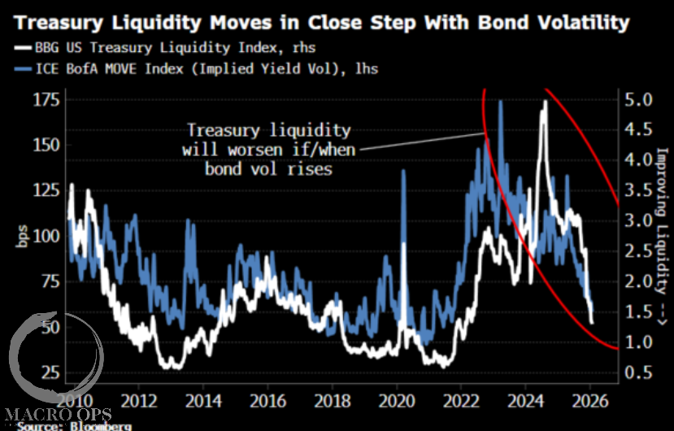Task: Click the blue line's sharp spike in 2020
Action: [x=403, y=172]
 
